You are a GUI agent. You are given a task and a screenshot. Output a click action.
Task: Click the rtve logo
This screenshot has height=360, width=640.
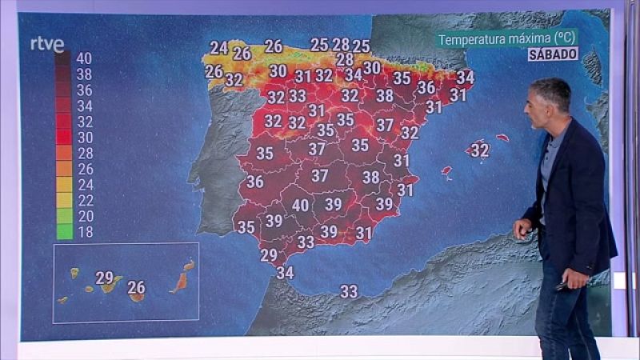46,44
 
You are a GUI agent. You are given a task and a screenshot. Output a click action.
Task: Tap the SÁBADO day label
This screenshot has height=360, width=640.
553,54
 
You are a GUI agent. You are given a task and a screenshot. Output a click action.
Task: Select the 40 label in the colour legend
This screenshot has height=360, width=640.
83,58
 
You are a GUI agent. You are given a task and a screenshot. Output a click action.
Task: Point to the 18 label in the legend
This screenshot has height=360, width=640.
83,231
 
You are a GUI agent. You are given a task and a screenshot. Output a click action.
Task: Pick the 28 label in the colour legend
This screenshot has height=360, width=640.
83,153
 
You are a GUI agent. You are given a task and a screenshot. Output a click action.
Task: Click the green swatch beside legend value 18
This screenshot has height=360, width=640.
64,231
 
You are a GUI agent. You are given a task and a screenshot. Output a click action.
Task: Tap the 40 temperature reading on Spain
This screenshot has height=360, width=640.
300,205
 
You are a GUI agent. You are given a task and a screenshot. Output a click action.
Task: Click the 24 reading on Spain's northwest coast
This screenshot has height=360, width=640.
218,47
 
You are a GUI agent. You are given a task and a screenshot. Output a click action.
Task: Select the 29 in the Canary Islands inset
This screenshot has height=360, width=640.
104,278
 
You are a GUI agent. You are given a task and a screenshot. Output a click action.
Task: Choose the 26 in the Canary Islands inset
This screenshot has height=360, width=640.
136,286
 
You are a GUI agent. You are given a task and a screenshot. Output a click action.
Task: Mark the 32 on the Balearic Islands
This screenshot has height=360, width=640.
479,150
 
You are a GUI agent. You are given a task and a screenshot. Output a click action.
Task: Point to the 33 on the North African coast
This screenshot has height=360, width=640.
349,291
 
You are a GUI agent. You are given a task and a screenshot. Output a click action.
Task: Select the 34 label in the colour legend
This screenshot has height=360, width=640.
83,106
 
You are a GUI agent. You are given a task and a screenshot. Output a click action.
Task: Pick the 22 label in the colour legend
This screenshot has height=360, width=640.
83,200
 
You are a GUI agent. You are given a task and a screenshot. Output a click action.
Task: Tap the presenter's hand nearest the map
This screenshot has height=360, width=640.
523,230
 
